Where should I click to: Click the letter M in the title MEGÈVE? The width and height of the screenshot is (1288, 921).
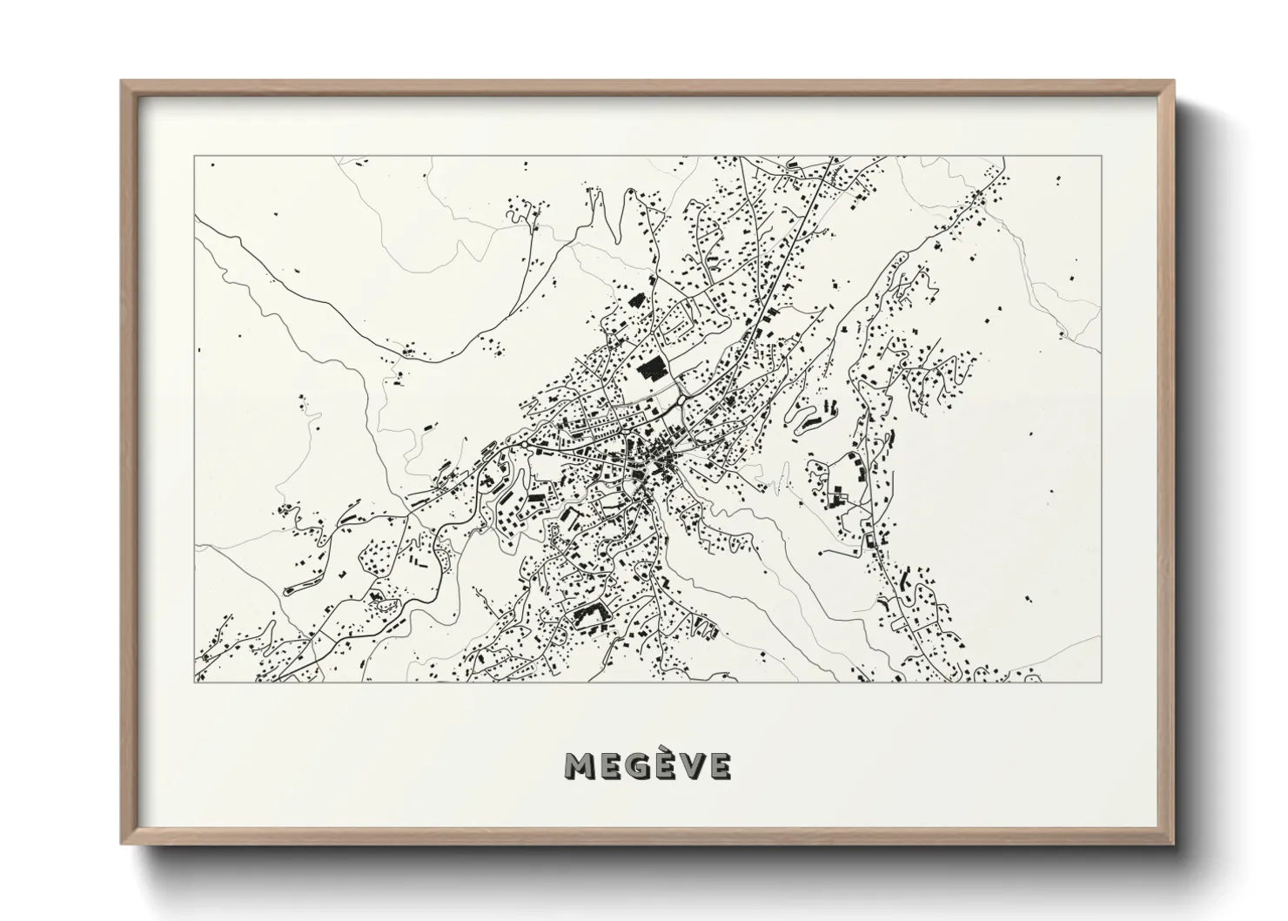580,765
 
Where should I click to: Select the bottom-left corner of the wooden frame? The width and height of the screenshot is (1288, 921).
123,842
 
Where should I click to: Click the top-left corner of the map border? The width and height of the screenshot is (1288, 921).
195,157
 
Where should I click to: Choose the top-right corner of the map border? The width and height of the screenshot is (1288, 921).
1101,157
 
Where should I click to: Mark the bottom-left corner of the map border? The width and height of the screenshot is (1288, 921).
195,682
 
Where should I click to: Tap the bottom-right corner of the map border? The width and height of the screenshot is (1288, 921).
1101,682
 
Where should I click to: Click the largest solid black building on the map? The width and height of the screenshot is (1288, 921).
651,369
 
